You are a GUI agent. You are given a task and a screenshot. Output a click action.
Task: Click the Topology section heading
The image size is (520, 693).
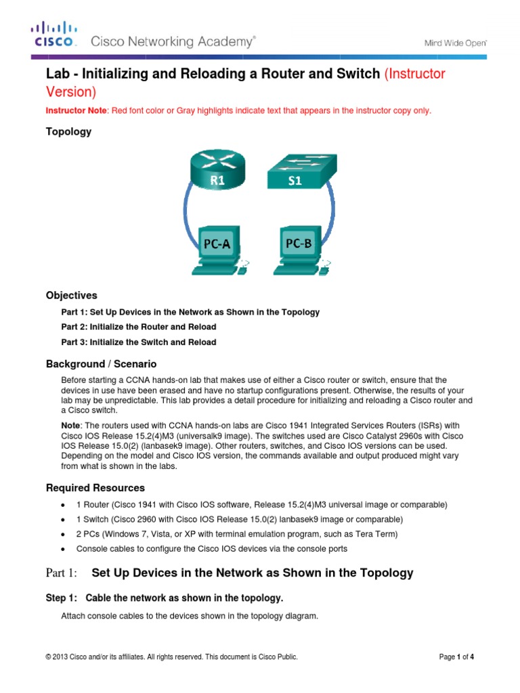68,132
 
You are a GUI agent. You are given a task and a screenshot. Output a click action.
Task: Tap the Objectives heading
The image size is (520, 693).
71,296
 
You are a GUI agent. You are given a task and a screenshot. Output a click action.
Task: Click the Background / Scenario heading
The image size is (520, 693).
101,364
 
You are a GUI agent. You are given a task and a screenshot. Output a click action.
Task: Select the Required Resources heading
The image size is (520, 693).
95,488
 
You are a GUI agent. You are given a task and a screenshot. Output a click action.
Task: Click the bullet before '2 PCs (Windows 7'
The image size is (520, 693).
62,535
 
